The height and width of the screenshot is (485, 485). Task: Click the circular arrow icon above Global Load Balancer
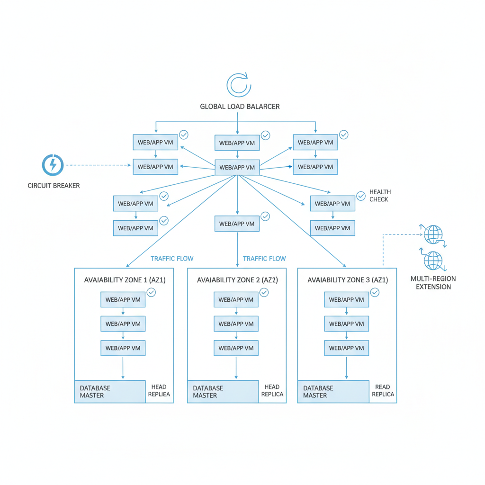[239, 85]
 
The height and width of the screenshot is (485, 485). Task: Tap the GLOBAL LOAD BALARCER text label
[240, 107]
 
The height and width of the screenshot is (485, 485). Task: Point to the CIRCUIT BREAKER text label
[54, 186]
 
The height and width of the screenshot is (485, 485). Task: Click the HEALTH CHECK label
[379, 196]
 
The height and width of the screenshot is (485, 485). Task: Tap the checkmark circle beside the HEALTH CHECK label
[361, 195]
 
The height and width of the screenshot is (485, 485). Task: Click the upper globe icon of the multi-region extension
[433, 234]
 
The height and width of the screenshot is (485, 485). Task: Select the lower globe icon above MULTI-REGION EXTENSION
[433, 260]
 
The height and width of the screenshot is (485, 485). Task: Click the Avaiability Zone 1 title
[125, 280]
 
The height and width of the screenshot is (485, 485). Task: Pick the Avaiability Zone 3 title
[348, 280]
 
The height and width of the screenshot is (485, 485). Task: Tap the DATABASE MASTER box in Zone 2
[223, 392]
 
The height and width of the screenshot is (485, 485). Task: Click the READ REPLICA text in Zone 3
[383, 391]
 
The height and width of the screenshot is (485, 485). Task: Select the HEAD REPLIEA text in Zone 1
[160, 391]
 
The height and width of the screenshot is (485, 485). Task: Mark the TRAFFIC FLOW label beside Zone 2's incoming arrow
[264, 259]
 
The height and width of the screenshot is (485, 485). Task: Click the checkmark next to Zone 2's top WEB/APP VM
[264, 293]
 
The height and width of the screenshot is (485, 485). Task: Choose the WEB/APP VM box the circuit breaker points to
[155, 167]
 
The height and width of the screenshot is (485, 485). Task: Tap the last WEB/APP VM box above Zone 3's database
[346, 348]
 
